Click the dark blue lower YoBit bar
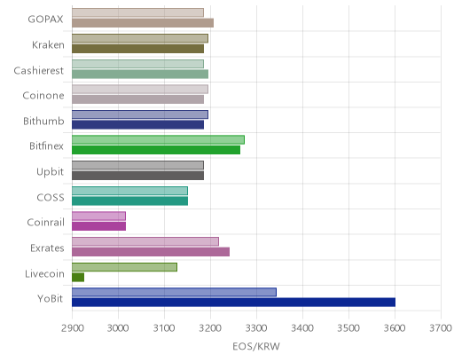coord(233,303)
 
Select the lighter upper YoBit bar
coord(174,292)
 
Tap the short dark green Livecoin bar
coord(78,277)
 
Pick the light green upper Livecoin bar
coord(124,267)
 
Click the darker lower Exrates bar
coord(151,252)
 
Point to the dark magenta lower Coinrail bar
coord(98,226)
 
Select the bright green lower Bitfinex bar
coord(156,150)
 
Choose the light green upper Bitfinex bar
coord(158,139)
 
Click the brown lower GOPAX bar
coord(143,23)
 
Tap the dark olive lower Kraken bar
coord(137,49)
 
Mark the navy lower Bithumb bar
coord(137,124)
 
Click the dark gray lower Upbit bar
coord(137,176)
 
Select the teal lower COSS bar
coord(129,201)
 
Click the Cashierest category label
coord(39,70)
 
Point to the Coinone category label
coord(43,96)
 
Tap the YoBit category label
coord(51,299)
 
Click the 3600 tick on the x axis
coord(395,328)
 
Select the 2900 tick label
coord(72,328)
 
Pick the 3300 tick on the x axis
coord(256,328)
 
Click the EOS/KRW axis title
coord(256,346)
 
